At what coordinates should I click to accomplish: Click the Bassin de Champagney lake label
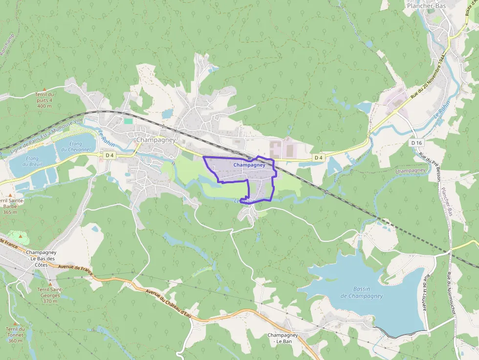(362, 292)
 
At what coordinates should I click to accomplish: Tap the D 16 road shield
(416, 142)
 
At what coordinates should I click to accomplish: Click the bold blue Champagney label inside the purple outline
(249, 165)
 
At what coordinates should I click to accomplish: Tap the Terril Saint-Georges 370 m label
(50, 295)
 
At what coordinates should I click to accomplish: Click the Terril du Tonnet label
(15, 335)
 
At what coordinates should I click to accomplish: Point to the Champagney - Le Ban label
(283, 338)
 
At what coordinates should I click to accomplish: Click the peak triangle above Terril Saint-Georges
(50, 283)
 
